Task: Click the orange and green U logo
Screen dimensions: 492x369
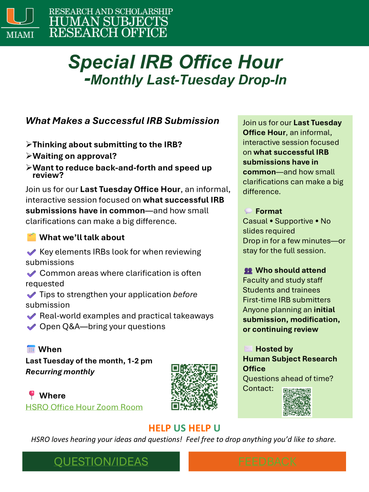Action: click(x=20, y=17)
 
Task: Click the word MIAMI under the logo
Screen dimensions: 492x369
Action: click(x=20, y=34)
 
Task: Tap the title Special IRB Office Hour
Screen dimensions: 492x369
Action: click(x=175, y=62)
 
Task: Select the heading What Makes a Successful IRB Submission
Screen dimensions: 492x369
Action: click(x=122, y=121)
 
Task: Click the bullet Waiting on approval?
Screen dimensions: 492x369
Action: click(x=74, y=156)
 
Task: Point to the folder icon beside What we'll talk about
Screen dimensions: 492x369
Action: click(x=31, y=237)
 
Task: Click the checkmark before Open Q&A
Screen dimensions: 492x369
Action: click(x=31, y=327)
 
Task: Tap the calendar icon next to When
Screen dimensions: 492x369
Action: click(x=31, y=349)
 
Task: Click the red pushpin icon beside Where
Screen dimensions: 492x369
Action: click(x=31, y=395)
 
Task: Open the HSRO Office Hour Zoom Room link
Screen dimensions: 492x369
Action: click(x=84, y=407)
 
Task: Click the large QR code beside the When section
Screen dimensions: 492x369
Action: click(x=194, y=387)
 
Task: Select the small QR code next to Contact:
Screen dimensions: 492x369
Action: click(x=297, y=402)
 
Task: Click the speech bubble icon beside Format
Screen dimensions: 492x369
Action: click(x=248, y=211)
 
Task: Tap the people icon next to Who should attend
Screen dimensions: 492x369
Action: click(x=248, y=271)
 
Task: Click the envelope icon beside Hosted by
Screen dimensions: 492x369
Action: click(x=248, y=349)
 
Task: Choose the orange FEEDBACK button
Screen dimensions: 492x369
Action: click(x=267, y=461)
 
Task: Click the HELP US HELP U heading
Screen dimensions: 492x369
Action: click(x=184, y=428)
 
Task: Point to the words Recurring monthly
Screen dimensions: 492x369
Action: click(x=60, y=372)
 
